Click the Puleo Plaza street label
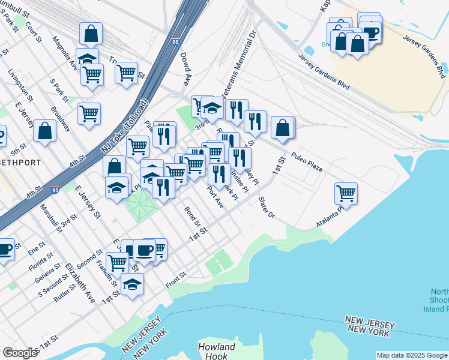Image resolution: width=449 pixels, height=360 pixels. point(307,161)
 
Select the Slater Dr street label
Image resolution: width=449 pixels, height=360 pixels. point(267,207)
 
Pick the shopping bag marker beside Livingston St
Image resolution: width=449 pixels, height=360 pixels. point(45,131)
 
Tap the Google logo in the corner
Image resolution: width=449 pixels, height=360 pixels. point(20,353)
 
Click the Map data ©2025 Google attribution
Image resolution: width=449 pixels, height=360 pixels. point(411,355)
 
